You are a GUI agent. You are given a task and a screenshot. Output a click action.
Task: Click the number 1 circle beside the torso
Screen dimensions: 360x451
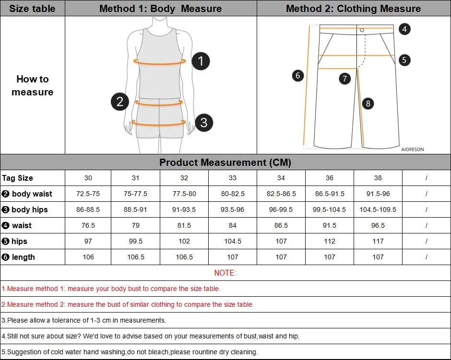click(201, 61)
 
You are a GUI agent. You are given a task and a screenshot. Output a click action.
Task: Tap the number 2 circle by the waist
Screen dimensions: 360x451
click(120, 101)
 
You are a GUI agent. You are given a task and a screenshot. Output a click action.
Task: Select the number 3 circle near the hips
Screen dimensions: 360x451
click(203, 122)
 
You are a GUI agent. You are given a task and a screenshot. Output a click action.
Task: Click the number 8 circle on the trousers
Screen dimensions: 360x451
click(368, 103)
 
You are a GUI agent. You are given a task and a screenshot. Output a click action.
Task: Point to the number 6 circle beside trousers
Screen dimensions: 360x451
click(298, 75)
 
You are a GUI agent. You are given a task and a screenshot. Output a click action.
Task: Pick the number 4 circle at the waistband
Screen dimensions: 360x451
click(404, 29)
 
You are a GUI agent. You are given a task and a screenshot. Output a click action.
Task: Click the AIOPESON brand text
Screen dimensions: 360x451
click(412, 149)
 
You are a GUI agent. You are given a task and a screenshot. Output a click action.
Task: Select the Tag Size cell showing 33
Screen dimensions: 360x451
click(232, 178)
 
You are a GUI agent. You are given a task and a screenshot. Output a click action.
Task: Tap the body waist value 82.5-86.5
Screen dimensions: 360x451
click(281, 194)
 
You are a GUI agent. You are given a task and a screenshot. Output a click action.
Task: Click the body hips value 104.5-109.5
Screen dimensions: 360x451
click(378, 209)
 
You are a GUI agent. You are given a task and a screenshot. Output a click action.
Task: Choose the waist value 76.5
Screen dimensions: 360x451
click(88, 225)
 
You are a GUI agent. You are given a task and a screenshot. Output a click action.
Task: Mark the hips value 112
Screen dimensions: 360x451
click(329, 241)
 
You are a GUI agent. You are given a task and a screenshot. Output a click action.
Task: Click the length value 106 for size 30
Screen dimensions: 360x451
click(88, 257)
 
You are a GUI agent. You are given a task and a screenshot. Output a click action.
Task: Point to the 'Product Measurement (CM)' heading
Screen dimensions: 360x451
click(225, 163)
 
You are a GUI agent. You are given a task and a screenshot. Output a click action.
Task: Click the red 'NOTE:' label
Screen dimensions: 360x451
click(225, 273)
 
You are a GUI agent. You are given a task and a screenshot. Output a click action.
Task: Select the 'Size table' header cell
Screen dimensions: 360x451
click(32, 9)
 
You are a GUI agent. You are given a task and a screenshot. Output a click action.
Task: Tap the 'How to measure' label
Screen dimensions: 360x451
click(32, 85)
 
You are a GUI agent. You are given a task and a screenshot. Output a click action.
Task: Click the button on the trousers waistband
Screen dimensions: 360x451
click(362, 30)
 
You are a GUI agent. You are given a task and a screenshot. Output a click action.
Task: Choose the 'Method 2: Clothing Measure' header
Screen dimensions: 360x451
click(353, 9)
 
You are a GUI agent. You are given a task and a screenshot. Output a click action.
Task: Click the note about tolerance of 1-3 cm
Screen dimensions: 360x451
click(84, 320)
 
